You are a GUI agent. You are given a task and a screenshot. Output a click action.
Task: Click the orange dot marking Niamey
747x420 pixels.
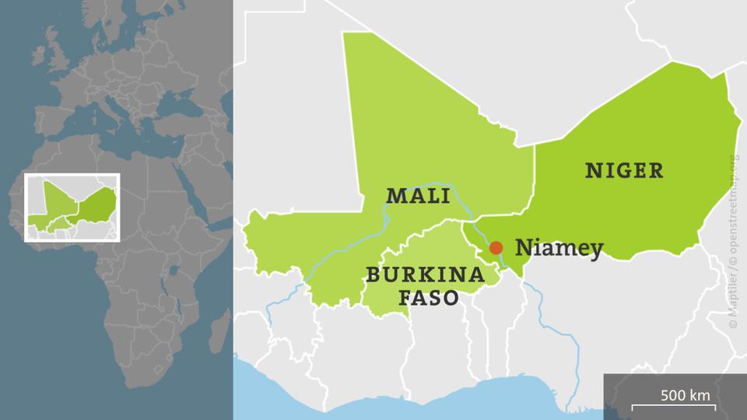495,247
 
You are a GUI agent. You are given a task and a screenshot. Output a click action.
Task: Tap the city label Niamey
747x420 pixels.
559,248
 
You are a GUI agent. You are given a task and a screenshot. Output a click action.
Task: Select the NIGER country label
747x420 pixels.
625,170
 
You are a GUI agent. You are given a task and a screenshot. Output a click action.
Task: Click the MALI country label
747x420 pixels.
418,195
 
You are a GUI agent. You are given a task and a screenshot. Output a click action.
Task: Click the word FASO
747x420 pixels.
429,297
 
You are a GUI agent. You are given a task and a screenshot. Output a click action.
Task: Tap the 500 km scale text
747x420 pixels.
686,394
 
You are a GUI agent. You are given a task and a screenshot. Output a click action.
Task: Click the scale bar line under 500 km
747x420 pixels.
673,407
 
